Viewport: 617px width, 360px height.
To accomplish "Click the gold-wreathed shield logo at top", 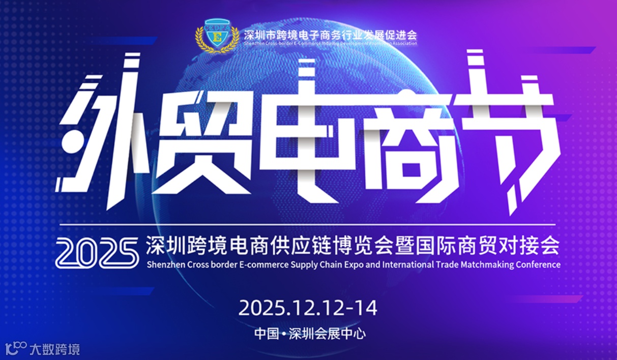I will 217,35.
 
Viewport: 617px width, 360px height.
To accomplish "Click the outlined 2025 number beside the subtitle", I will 97,253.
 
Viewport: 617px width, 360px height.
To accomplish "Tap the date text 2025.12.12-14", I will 308,308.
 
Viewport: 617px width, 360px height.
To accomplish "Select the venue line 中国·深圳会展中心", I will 310,334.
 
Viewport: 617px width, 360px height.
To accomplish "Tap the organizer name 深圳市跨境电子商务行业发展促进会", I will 330,35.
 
